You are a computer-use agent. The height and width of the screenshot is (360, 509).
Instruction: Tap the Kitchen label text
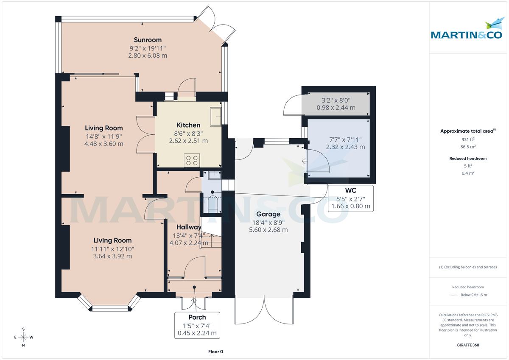(188, 125)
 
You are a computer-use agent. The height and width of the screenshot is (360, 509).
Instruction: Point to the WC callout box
(350, 198)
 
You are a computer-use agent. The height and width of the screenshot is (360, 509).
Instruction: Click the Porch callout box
(197, 325)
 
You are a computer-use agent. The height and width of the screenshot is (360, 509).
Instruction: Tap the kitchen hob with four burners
(192, 160)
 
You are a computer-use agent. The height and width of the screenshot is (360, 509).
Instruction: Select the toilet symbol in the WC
(212, 204)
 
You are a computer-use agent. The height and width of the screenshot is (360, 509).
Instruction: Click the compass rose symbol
(23, 337)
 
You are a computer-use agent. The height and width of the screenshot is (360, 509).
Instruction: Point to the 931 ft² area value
(468, 139)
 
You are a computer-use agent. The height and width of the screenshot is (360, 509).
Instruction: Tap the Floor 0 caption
(215, 352)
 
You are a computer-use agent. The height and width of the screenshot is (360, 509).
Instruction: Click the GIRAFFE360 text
(468, 345)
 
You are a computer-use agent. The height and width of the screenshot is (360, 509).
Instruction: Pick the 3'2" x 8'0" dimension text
(336, 100)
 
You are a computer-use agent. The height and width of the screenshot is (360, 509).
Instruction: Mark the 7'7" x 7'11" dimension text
(345, 140)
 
